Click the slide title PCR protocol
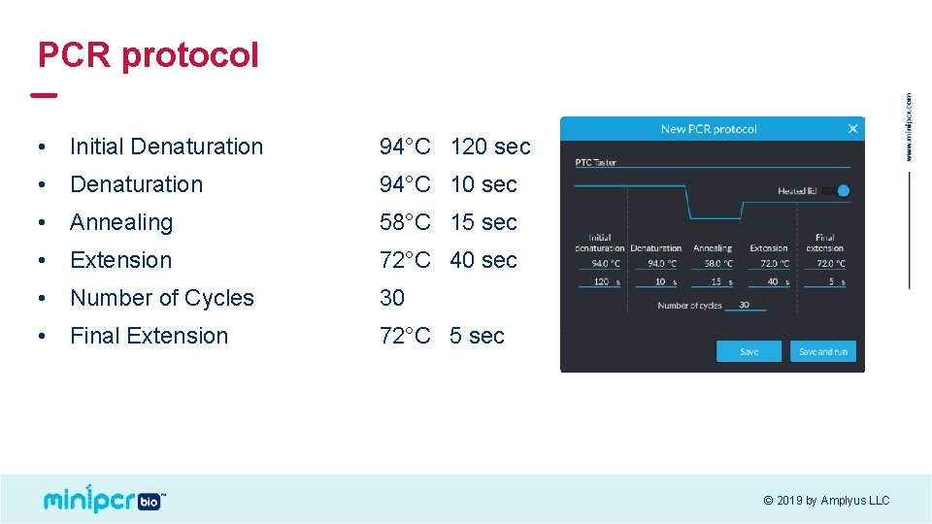[148, 54]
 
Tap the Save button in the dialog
[748, 351]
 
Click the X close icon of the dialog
[852, 128]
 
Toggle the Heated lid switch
[836, 190]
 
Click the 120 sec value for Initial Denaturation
[490, 147]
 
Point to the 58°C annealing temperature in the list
[405, 222]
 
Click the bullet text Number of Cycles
[162, 298]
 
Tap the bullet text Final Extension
[150, 336]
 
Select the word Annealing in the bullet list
[121, 222]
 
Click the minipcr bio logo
[104, 499]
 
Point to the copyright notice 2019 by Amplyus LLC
[826, 501]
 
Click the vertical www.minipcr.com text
[909, 127]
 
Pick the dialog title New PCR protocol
[708, 129]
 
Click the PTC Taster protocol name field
[596, 162]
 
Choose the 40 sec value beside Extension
[483, 260]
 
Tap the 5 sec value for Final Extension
[477, 336]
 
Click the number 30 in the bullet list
[392, 298]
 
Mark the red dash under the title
[44, 95]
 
